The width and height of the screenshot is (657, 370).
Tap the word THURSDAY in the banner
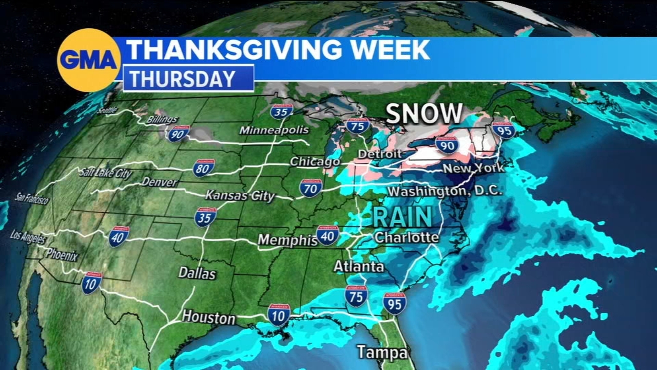pyautogui.click(x=183, y=79)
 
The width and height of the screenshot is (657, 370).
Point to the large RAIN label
pyautogui.click(x=402, y=216)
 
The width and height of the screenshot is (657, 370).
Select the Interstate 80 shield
pyautogui.click(x=204, y=168)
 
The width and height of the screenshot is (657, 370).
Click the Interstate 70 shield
pyautogui.click(x=310, y=188)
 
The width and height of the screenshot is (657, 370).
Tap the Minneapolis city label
pyautogui.click(x=274, y=130)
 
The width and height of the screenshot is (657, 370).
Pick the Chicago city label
pyautogui.click(x=315, y=162)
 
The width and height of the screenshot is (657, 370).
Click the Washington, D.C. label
pyautogui.click(x=445, y=191)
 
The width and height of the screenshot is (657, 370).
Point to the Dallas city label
pyautogui.click(x=197, y=273)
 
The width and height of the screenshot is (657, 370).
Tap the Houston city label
pyautogui.click(x=209, y=317)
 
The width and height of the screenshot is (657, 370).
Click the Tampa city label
pyautogui.click(x=382, y=352)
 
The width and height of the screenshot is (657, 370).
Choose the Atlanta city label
pyautogui.click(x=358, y=266)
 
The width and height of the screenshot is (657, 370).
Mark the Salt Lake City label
pyautogui.click(x=106, y=173)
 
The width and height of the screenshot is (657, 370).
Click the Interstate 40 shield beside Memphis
pyautogui.click(x=327, y=236)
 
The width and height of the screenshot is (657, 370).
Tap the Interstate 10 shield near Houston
pyautogui.click(x=278, y=315)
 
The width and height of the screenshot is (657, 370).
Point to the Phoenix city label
pyautogui.click(x=62, y=255)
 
